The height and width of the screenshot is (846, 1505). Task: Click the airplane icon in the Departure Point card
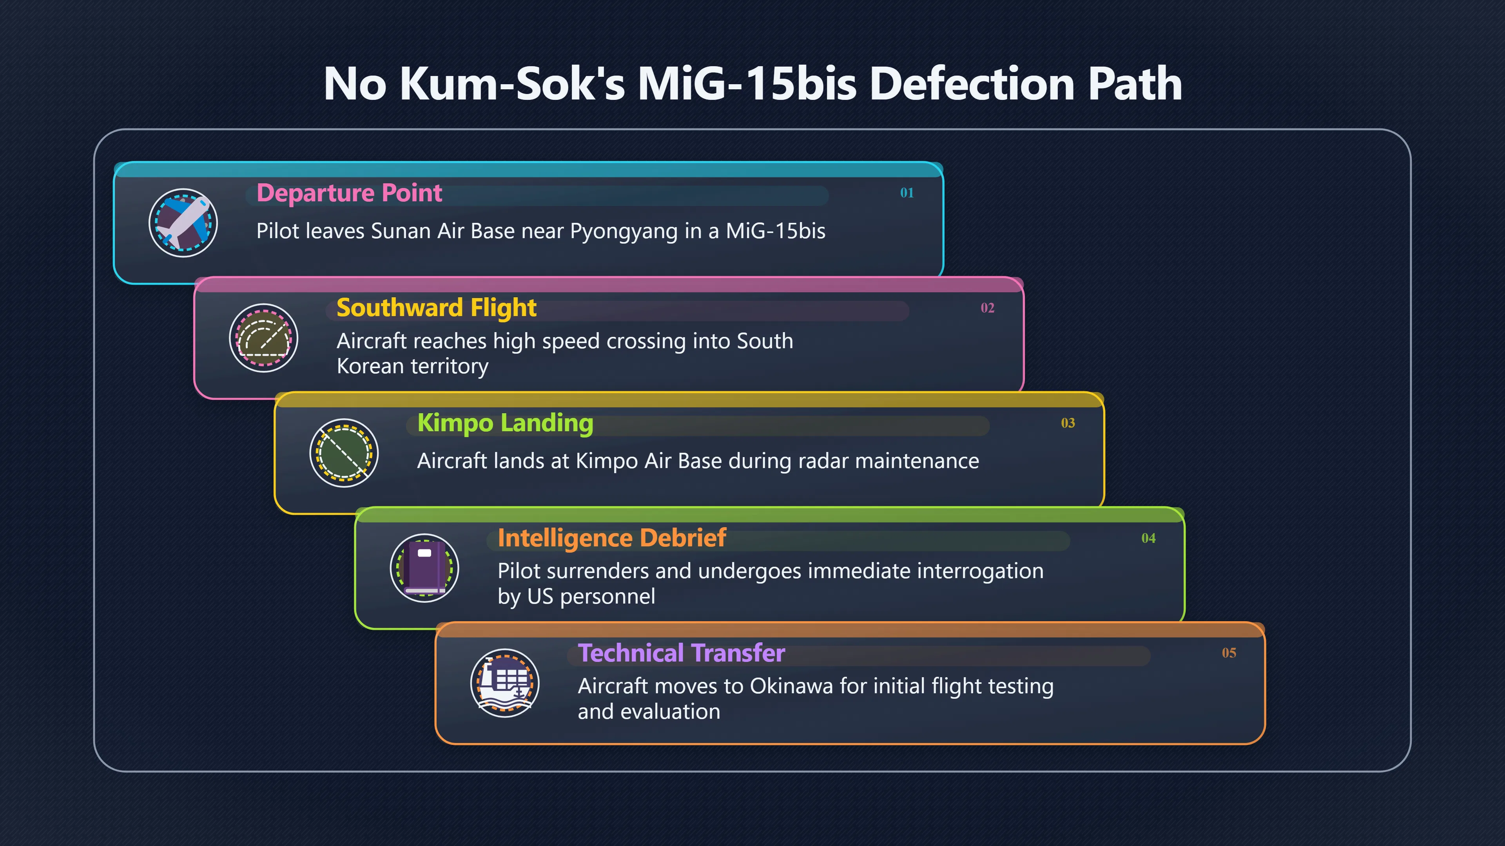183,222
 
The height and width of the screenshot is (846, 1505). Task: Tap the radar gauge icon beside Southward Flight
263,338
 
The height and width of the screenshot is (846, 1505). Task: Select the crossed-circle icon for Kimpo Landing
344,452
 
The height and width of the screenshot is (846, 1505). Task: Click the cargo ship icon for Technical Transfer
505,683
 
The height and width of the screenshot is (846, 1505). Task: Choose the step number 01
907,193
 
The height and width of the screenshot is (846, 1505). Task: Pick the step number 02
987,308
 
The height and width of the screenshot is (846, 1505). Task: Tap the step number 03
1068,423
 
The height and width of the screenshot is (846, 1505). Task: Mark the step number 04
1149,538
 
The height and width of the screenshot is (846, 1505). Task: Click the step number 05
1229,653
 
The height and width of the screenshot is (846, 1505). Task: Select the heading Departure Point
349,193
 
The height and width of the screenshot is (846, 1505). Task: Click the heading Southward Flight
437,308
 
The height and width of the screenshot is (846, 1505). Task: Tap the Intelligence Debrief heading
612,538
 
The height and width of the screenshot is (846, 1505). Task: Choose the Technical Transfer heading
681,653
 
